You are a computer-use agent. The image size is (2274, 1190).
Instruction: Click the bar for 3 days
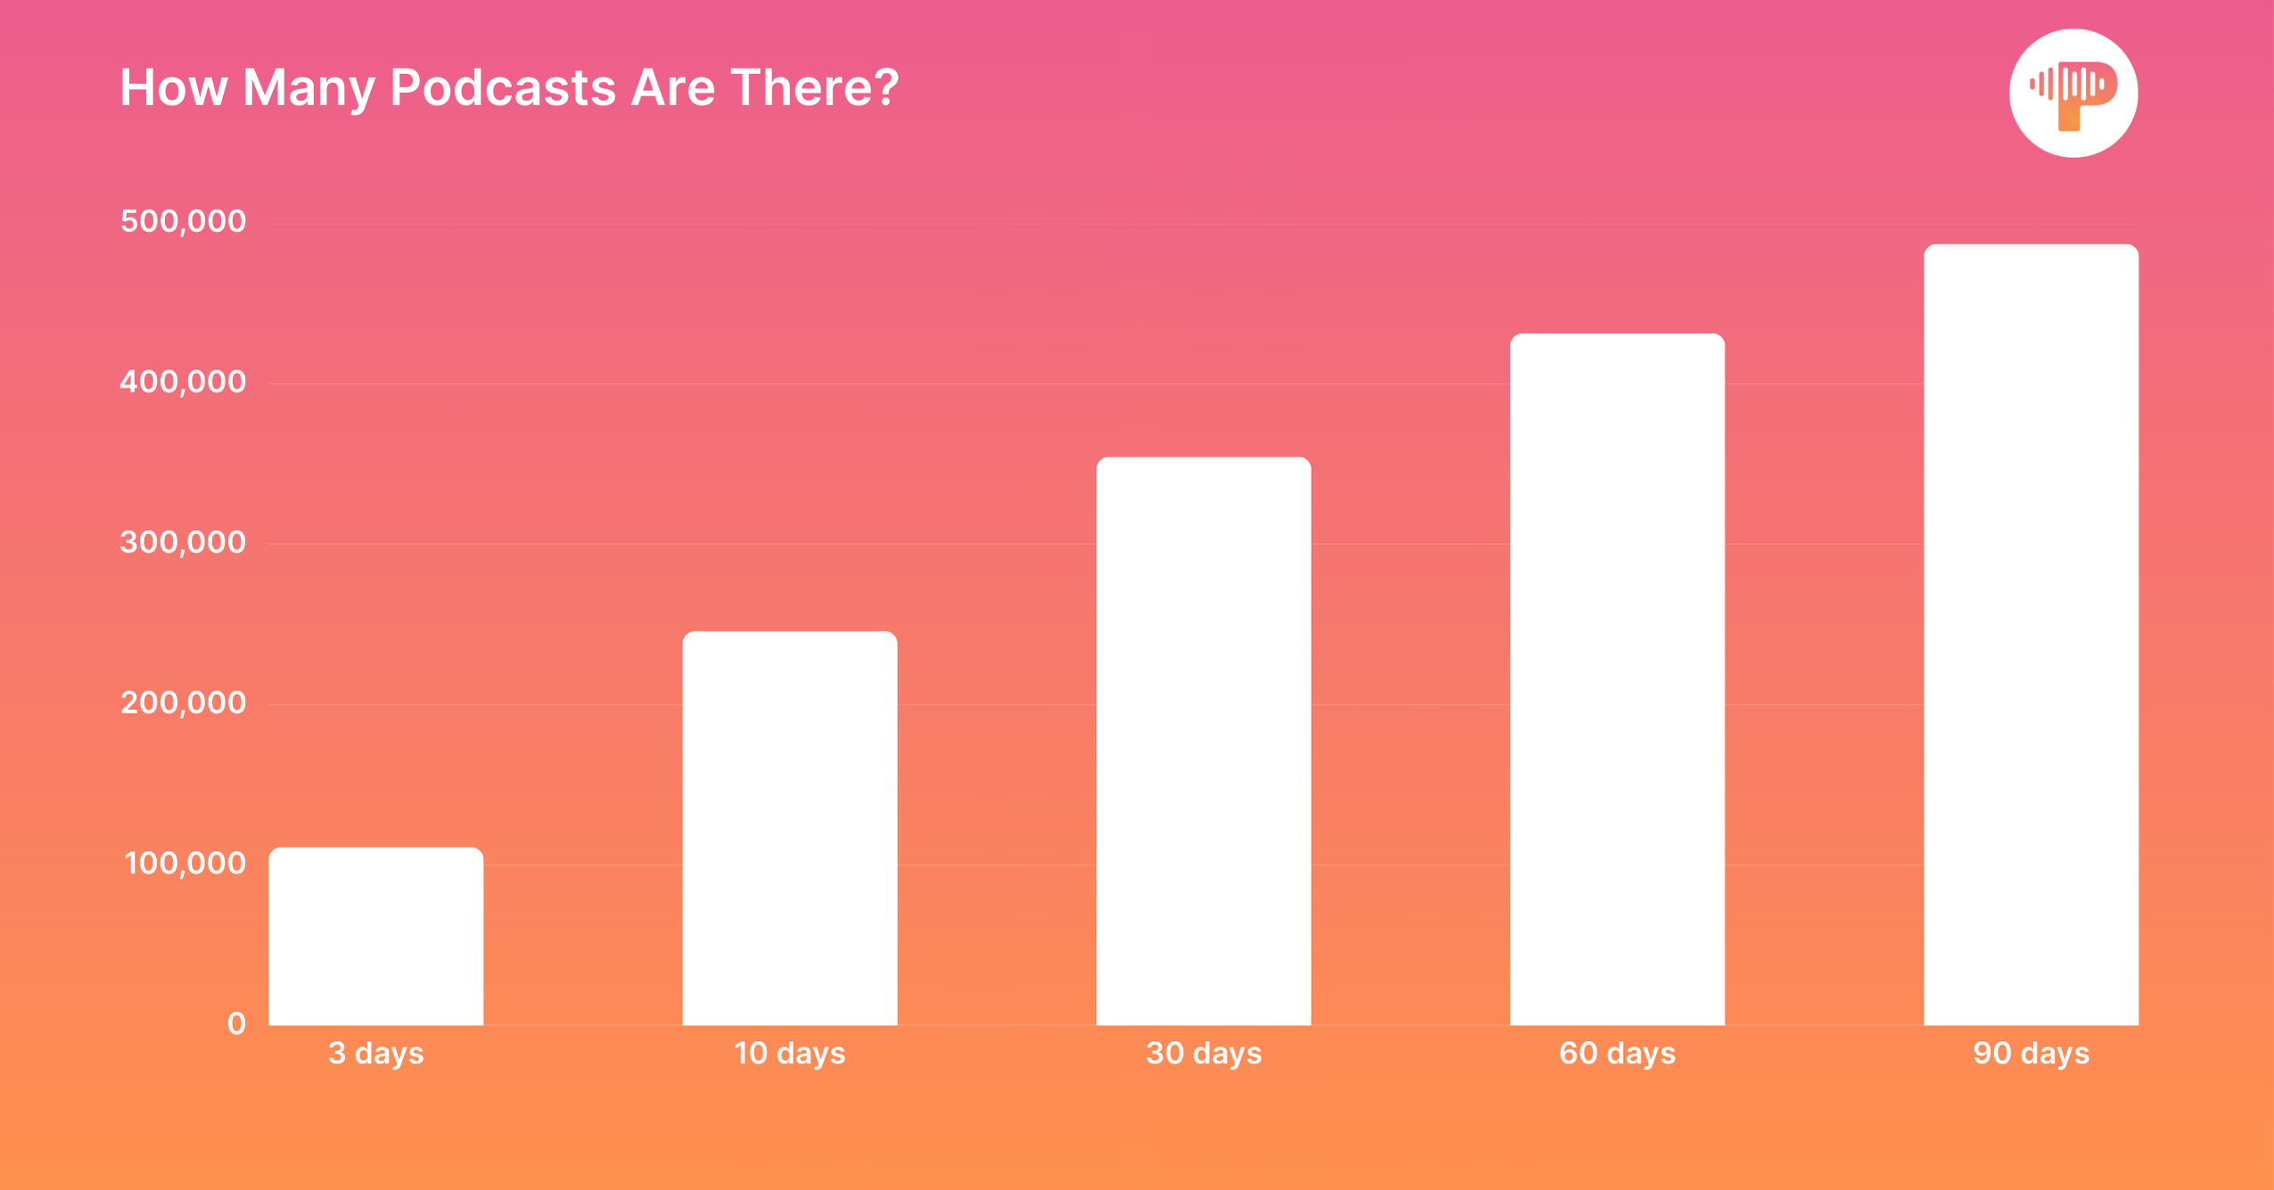[375, 936]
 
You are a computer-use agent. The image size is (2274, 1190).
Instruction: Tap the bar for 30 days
[1203, 740]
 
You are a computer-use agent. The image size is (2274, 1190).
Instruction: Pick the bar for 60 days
[1617, 679]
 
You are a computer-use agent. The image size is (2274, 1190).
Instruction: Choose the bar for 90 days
[2031, 634]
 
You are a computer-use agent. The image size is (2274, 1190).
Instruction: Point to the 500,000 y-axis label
[183, 221]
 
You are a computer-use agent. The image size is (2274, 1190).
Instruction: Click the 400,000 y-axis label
[183, 382]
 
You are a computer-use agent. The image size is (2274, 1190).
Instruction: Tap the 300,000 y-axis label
[183, 542]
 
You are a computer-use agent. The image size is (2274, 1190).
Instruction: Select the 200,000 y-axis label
[183, 703]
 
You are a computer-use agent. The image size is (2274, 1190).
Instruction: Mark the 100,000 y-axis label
[185, 864]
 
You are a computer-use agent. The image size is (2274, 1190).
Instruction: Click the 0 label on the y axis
[236, 1023]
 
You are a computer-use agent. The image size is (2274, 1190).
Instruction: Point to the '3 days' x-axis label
[375, 1054]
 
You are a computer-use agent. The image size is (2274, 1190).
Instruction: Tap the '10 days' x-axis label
[789, 1054]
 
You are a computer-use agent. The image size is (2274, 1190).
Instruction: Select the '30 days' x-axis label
[1203, 1054]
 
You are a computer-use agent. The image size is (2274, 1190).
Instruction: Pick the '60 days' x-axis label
[1617, 1054]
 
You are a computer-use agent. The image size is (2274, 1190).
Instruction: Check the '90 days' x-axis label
[2031, 1054]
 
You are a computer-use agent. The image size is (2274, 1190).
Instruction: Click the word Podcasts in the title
[502, 88]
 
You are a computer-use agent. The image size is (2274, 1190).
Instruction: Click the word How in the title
[173, 88]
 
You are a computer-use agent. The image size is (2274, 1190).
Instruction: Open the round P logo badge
[2072, 94]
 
